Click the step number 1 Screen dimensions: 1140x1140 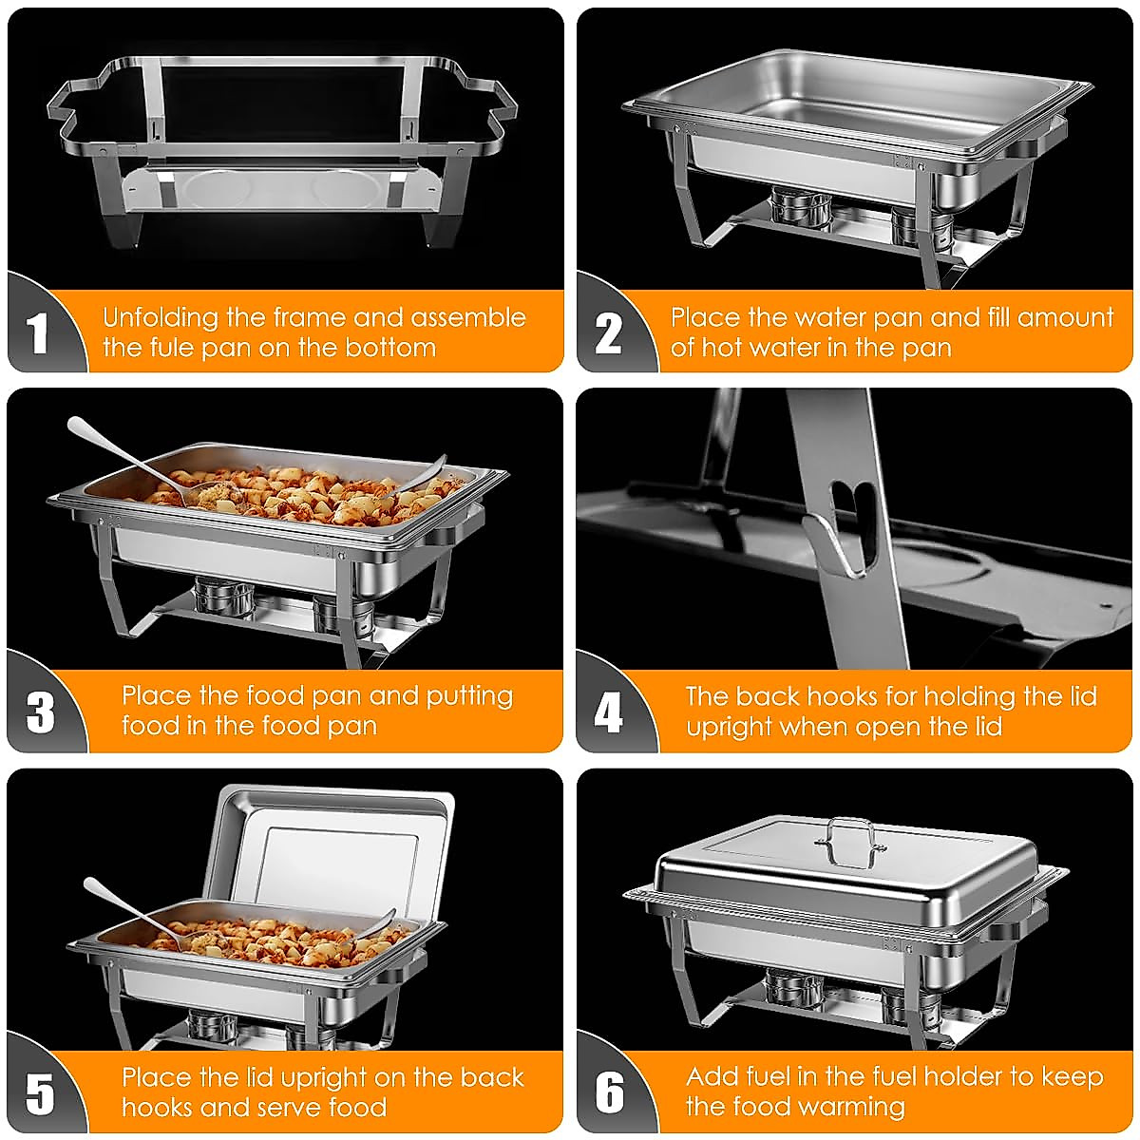(38, 333)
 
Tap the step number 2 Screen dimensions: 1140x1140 (608, 333)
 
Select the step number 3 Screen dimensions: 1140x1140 (40, 712)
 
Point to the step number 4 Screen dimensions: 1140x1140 (608, 712)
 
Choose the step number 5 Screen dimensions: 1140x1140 (40, 1093)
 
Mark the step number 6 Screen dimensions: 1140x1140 (609, 1093)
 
